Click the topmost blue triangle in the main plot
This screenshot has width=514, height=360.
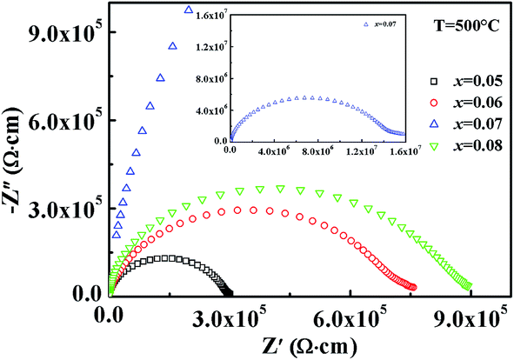pos(188,10)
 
